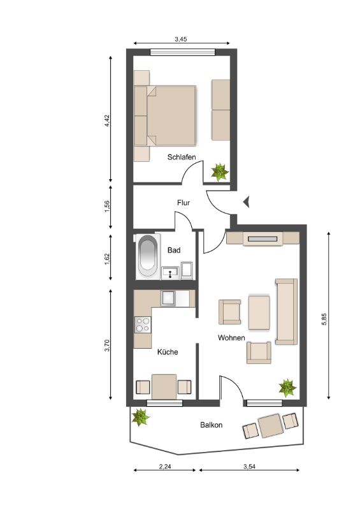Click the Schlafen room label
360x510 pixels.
[182, 157]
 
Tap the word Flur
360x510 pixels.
[184, 203]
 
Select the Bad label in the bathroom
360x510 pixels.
[174, 250]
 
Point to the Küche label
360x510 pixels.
[168, 352]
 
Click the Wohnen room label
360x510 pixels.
[231, 338]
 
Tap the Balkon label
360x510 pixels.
[212, 425]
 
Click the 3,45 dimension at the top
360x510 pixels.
[181, 40]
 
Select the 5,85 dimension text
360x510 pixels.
[324, 319]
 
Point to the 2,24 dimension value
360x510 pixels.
[165, 467]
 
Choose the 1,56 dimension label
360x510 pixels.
[107, 207]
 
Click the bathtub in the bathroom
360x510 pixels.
[147, 257]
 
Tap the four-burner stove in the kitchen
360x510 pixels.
[143, 324]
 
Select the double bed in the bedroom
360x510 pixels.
[165, 116]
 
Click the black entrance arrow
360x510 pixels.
[247, 202]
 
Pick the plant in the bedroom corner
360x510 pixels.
[220, 172]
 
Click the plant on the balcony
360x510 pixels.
[140, 417]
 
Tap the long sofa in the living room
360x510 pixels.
[287, 311]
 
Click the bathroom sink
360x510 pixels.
[170, 273]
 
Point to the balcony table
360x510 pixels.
[271, 425]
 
